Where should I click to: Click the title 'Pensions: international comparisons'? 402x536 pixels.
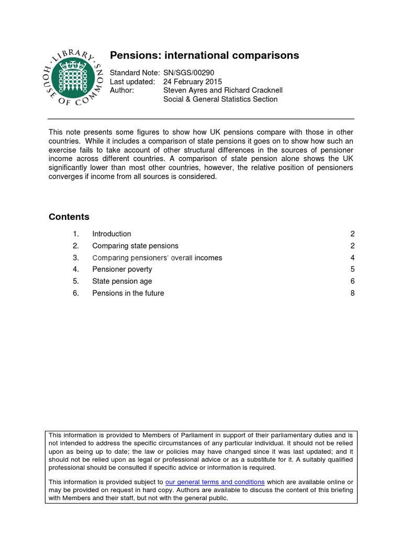tap(204, 55)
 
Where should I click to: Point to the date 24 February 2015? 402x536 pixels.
tap(193, 82)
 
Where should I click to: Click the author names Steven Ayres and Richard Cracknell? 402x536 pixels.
tap(223, 90)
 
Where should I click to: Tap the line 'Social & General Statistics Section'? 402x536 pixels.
tap(220, 99)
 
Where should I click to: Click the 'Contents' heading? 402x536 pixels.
tap(69, 217)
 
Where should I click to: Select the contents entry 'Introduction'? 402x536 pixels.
tap(111, 234)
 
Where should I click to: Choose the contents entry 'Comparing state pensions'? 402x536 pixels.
tap(135, 246)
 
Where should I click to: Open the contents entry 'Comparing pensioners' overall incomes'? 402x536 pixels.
tap(157, 258)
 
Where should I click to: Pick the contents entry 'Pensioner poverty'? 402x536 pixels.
tap(122, 270)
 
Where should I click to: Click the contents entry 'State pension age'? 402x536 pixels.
tap(122, 281)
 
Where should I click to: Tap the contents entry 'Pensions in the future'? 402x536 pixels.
tap(128, 293)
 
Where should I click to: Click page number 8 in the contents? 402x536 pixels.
tap(352, 293)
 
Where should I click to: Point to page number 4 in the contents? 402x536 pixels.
tap(352, 258)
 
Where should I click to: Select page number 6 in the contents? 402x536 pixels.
tap(352, 281)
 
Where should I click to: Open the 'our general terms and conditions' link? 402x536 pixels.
tap(215, 482)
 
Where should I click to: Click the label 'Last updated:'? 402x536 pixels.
tap(132, 82)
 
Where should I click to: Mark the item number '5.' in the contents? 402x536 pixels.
tap(76, 281)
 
